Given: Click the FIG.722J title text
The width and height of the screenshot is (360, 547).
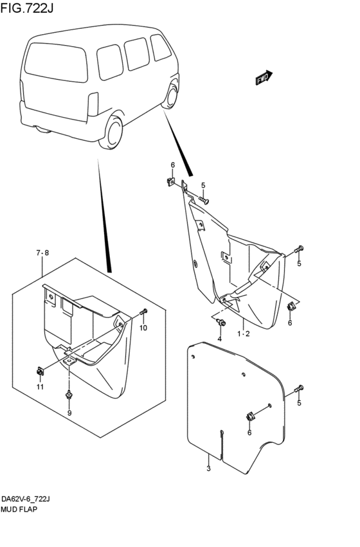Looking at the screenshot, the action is coord(27,7).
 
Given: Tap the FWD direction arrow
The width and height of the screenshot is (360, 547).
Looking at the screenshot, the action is coord(264,77).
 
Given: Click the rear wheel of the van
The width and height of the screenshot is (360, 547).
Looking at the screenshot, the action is coord(112,132).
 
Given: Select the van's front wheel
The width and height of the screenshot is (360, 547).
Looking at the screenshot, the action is coord(170,95).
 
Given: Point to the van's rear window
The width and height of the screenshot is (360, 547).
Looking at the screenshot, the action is coord(57,62).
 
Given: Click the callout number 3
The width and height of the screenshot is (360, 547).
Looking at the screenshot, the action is coord(208,469).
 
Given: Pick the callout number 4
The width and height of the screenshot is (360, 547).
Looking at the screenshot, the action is coord(219,339).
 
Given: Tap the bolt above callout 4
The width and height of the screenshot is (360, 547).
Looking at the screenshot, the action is coord(221,322).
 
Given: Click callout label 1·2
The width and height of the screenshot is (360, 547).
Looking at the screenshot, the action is coord(244,334).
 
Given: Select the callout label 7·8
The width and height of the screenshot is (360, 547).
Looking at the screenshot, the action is coord(42,253).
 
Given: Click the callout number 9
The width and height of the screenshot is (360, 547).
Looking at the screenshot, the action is coord(69,413).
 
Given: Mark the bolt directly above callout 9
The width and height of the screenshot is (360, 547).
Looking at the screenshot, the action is coord(69,395).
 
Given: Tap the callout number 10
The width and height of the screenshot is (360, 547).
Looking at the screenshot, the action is coord(143,328).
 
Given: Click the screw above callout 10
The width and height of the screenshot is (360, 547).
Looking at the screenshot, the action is coord(144,312).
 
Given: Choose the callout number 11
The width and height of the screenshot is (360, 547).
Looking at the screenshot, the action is coord(40,387).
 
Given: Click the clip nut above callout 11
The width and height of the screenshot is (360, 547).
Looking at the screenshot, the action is coord(40,372).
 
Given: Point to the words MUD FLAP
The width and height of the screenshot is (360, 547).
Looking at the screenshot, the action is coord(19,510).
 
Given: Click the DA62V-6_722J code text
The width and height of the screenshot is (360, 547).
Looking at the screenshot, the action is coord(26,499).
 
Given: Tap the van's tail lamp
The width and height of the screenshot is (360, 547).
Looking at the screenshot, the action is coord(93,104).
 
